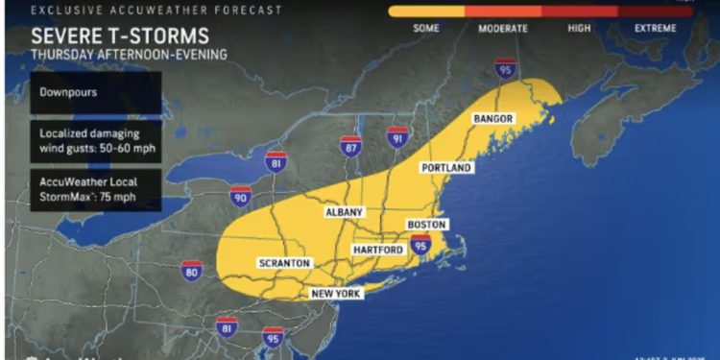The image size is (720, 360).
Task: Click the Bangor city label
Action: coord(495,119)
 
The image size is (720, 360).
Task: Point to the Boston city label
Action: coord(427,225)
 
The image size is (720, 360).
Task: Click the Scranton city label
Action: coord(284,263)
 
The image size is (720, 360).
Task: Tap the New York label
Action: coord(336,294)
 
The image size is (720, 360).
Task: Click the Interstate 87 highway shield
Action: coord(350,145)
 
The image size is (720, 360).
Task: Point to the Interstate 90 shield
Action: coord(241,197)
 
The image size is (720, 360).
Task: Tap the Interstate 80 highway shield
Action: coord(192,270)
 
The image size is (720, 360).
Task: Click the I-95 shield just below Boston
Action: coord(420,247)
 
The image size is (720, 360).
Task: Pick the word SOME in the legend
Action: coord(426,29)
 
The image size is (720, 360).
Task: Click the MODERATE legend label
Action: coord(503,29)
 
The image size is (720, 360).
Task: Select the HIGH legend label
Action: coord(579,29)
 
